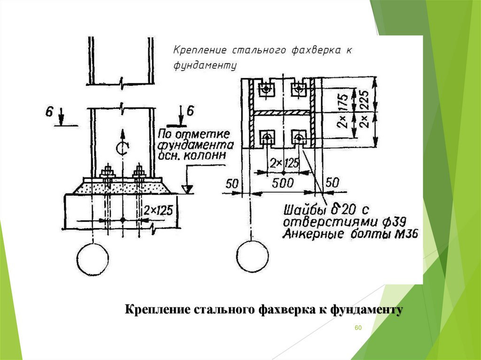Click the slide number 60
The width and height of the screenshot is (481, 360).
point(357,327)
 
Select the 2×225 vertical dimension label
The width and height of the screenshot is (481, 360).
point(365,111)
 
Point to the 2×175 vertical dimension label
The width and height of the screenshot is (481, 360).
point(344,112)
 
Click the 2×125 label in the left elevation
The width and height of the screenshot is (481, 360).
point(160,210)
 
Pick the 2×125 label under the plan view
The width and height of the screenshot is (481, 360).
point(284,164)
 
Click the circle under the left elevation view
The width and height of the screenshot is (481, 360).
point(93,260)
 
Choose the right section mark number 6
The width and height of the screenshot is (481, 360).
point(190,112)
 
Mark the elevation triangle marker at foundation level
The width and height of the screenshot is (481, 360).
point(187,190)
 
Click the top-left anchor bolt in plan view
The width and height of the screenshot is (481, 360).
point(267,88)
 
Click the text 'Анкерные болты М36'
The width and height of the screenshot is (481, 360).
point(350,233)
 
